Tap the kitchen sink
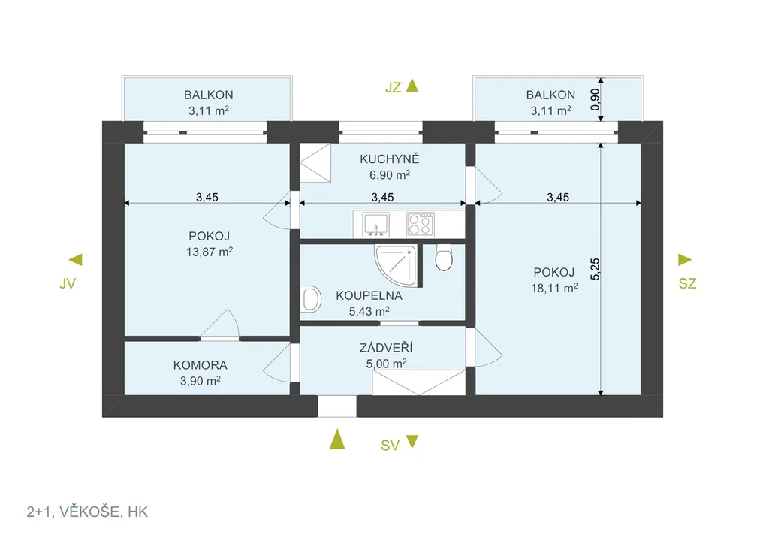click(375, 225)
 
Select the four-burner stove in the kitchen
click(421, 224)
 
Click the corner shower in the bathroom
click(397, 266)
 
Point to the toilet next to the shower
click(444, 258)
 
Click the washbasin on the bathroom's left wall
click(311, 299)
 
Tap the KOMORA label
click(200, 365)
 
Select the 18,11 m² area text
click(554, 288)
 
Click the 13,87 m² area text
click(210, 252)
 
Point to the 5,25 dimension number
click(595, 269)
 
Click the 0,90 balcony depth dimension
click(595, 99)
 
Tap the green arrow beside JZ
click(412, 86)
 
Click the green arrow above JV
click(76, 259)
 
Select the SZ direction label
click(687, 283)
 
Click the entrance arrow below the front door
click(337, 439)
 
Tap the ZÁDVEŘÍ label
click(386, 347)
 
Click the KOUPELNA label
click(369, 296)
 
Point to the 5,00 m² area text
click(386, 364)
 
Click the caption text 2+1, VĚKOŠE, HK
click(87, 512)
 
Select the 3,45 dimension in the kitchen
click(382, 197)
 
